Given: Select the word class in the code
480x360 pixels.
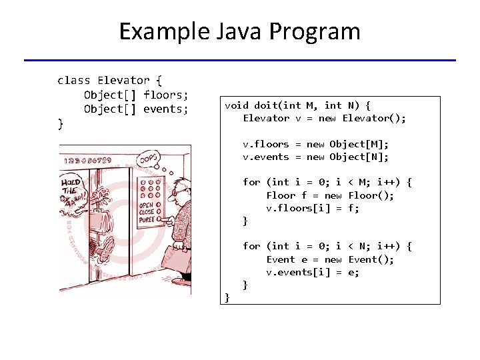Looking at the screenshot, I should [74, 81].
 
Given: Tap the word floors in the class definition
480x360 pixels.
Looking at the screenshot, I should [166, 95].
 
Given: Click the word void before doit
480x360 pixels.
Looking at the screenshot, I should [237, 105].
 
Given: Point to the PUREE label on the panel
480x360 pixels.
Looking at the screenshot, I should [147, 219].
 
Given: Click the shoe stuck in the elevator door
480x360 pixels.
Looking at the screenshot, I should [107, 249].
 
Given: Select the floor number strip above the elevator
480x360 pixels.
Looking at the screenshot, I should [93, 160].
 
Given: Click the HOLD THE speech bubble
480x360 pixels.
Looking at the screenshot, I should [72, 186].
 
